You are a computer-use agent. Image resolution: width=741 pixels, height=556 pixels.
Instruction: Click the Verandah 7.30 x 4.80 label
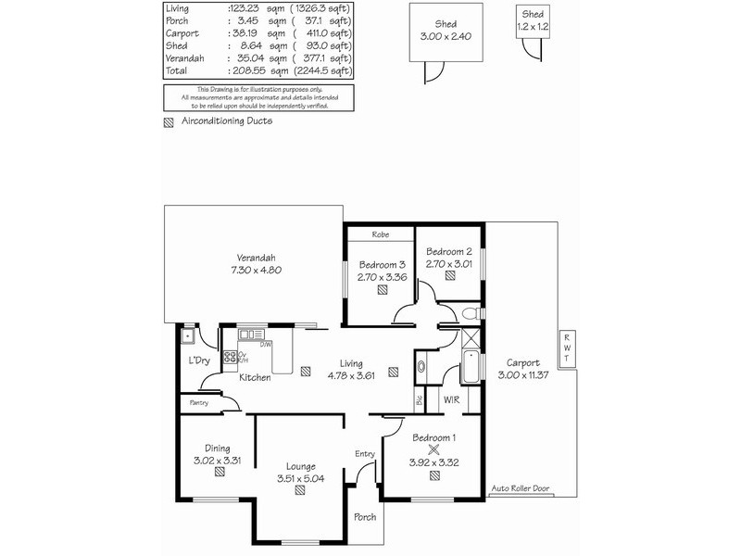click(257, 264)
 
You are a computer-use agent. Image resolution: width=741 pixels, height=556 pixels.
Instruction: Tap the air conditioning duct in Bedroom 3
click(382, 289)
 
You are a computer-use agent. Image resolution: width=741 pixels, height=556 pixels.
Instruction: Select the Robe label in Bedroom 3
click(380, 234)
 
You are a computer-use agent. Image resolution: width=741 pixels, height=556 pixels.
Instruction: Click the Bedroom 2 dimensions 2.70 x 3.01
click(449, 262)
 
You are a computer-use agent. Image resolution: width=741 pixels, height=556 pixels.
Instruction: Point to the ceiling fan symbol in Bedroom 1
click(433, 447)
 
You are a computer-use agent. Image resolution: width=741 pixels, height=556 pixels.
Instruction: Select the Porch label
click(365, 516)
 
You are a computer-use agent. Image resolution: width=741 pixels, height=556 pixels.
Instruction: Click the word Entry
click(365, 453)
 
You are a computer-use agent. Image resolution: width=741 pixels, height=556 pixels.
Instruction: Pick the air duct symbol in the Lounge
click(300, 492)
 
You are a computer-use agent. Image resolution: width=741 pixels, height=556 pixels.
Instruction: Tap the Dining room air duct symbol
click(219, 472)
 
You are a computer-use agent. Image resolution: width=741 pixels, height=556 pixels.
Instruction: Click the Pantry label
click(199, 403)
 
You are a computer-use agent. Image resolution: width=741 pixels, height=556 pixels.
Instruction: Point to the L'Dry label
click(198, 360)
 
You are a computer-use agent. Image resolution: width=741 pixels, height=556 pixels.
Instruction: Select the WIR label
click(452, 399)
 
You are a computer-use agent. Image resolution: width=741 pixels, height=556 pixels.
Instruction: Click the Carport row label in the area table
click(180, 32)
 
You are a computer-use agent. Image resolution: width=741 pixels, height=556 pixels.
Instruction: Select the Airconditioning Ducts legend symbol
click(169, 121)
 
